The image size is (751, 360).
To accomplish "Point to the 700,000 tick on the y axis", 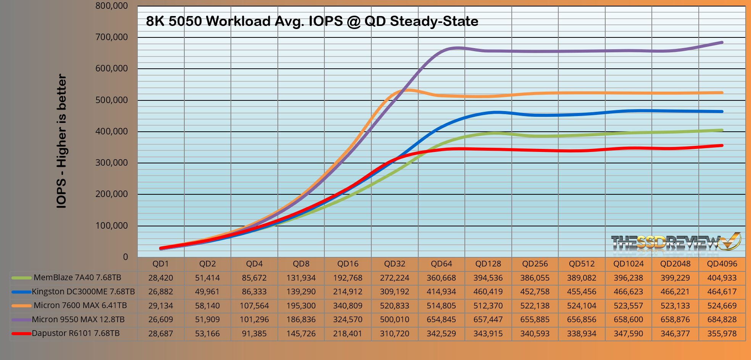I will coord(112,37).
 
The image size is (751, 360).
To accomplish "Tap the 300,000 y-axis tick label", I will coord(112,163).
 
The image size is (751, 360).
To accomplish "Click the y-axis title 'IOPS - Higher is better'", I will coord(61,141).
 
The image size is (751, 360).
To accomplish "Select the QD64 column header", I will coord(441,264).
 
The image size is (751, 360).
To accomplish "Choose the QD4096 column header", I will coord(722,264).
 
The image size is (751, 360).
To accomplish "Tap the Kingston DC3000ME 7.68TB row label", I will coord(83,292).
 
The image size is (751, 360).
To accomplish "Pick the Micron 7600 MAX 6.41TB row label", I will coord(80,305).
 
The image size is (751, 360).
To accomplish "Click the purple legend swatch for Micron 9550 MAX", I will coord(21,320).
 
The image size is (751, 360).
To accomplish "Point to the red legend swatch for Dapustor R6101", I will coord(21,334).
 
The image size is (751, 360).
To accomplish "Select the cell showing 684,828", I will coord(722,320).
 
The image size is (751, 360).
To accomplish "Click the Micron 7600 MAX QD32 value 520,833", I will coord(395,305).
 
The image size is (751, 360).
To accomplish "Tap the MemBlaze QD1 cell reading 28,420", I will coord(161,278).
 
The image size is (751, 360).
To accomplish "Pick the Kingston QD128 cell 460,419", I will coord(488,292).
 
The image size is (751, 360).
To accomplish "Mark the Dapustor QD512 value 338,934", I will coord(582,334).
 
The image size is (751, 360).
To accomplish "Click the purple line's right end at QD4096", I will coord(722,42).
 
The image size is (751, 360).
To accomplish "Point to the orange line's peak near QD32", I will coord(406,90).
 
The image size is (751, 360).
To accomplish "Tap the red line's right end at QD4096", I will coord(722,145).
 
